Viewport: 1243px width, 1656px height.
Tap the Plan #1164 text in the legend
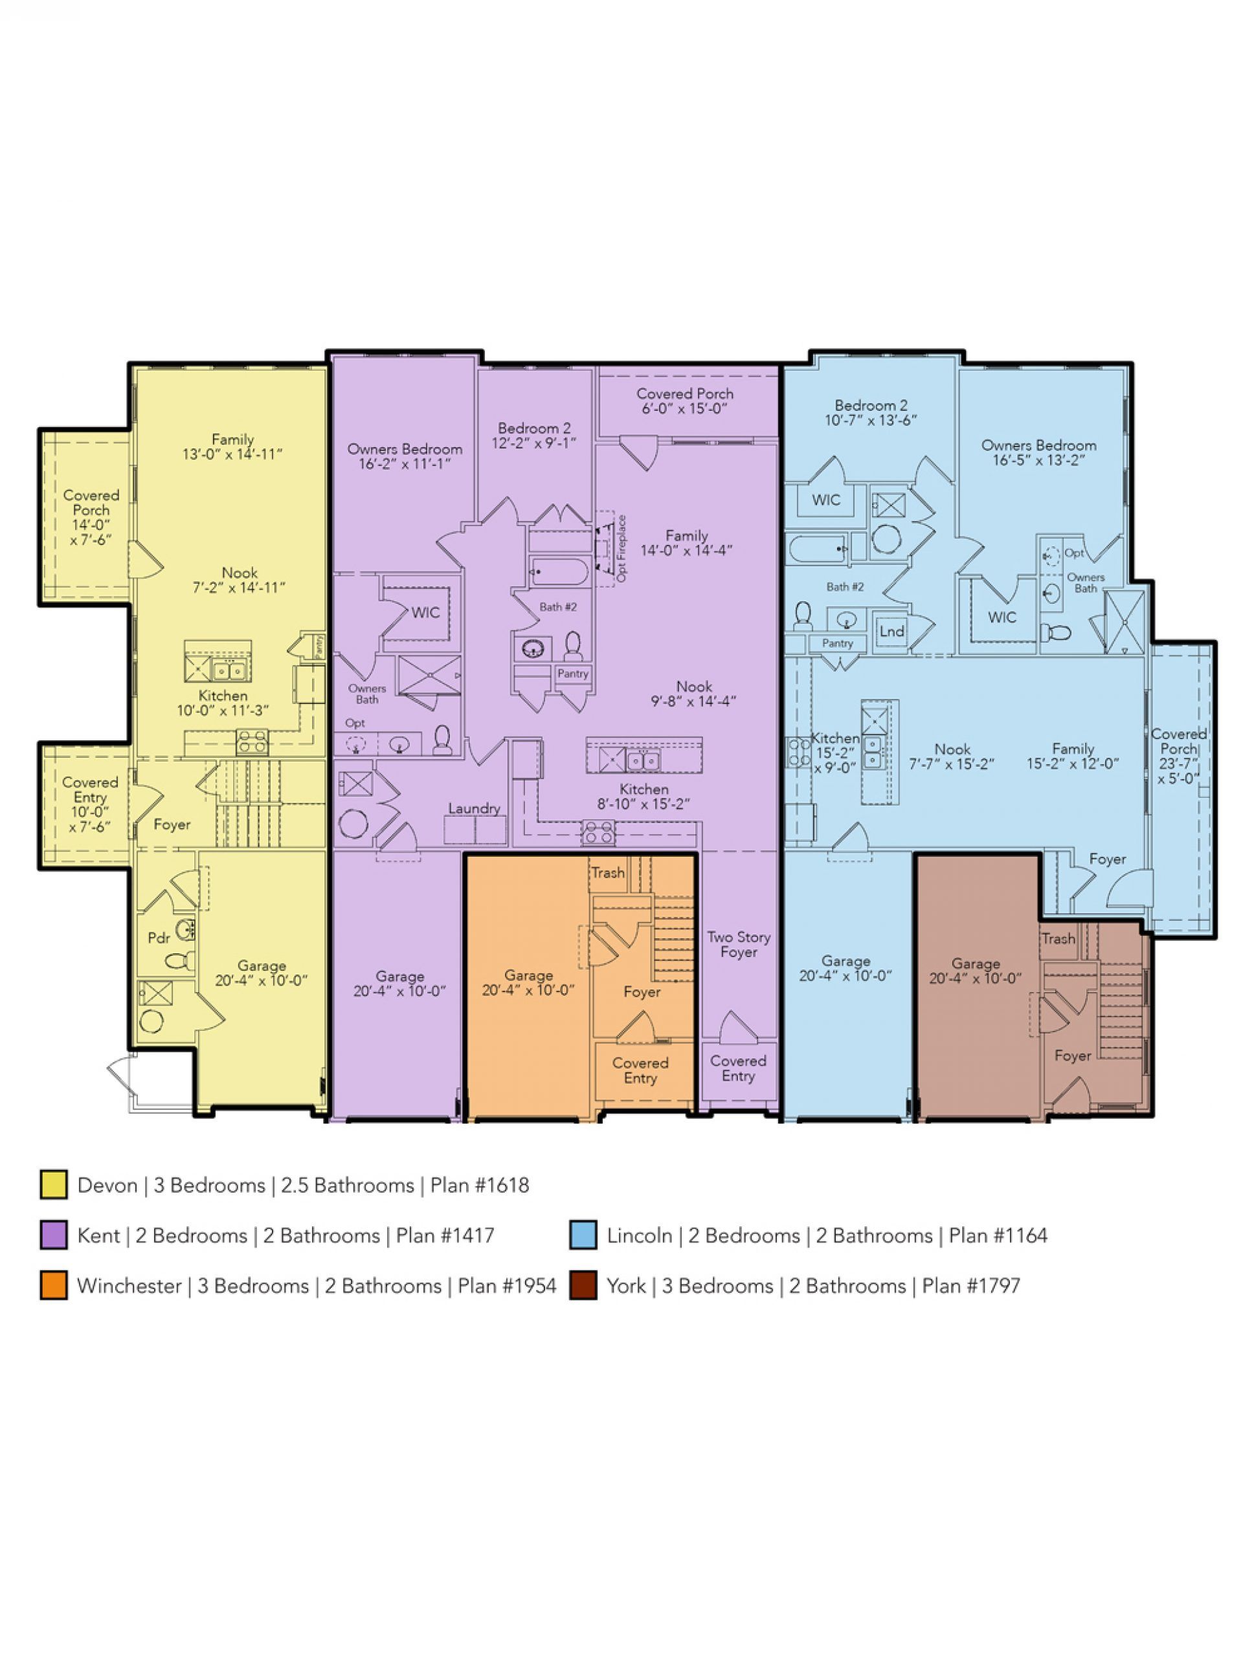coord(998,1235)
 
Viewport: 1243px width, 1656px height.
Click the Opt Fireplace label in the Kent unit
coord(621,549)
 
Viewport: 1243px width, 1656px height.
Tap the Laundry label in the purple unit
coord(474,808)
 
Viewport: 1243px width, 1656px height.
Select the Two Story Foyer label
coord(738,944)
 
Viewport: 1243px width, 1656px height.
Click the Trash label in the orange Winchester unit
coord(607,873)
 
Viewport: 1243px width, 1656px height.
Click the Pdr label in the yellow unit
coord(159,938)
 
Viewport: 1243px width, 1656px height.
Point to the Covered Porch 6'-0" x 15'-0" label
coord(684,401)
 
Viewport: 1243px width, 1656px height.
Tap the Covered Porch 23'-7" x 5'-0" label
coord(1179,756)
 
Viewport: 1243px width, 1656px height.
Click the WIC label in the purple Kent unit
coord(425,613)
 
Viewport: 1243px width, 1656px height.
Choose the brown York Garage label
coord(975,971)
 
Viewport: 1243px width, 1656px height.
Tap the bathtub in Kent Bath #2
coord(559,572)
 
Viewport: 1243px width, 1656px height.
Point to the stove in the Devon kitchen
coord(252,742)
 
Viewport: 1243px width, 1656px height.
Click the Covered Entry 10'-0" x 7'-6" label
coord(90,804)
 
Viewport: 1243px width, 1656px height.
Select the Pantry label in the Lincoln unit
coord(837,643)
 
